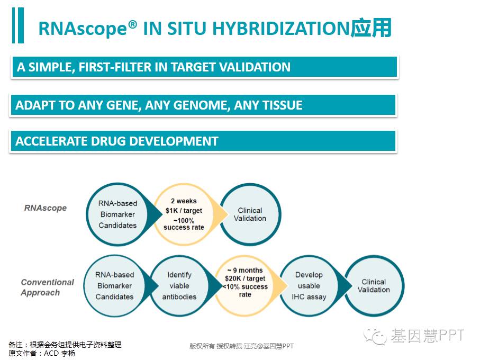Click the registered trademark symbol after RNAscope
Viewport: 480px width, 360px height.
[132, 24]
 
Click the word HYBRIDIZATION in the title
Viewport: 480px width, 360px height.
[280, 28]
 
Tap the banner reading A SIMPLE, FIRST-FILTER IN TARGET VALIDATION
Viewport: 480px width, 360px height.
[204, 67]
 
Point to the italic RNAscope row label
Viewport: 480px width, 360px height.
[46, 208]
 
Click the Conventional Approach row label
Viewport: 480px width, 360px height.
[48, 287]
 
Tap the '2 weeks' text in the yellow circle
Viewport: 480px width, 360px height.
[184, 201]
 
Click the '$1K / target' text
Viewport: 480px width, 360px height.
[184, 211]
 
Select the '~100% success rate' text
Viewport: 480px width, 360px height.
[184, 224]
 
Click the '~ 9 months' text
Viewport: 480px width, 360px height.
[245, 271]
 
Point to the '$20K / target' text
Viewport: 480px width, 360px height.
[245, 278]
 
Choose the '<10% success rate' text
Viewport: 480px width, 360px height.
[245, 291]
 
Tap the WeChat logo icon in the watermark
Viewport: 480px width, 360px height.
[375, 337]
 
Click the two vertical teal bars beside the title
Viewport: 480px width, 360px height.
[18, 25]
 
